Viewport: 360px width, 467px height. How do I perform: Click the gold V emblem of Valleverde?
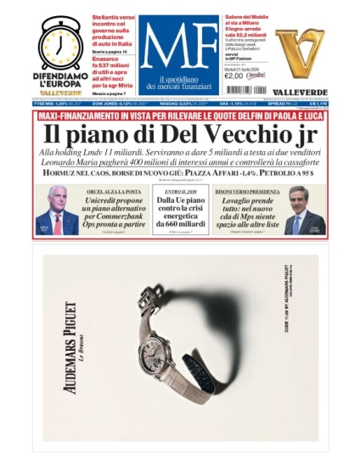300,50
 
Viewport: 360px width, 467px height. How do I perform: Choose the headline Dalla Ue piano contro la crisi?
179,212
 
